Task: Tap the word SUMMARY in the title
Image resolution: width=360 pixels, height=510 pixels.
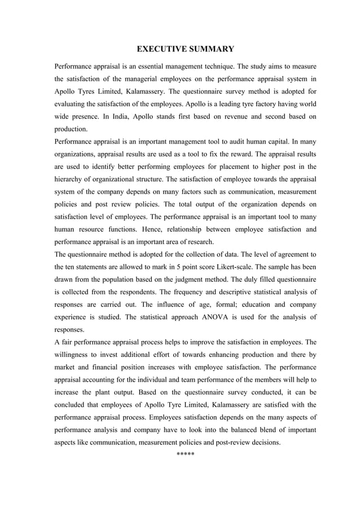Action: pyautogui.click(x=209, y=49)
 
